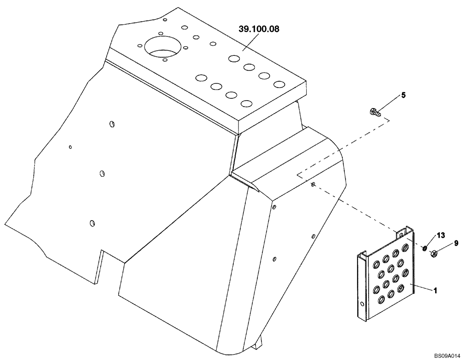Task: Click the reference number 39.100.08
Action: pos(259,29)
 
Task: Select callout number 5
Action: pos(403,95)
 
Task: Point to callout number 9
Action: pos(456,243)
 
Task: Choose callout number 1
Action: pos(435,291)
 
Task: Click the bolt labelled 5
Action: pos(375,112)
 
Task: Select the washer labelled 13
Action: pos(425,249)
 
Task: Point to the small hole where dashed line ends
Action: pos(314,185)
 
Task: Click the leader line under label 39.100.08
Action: pos(251,41)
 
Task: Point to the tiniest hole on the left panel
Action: pos(70,147)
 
